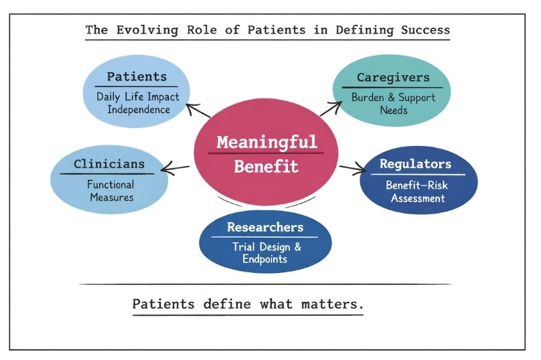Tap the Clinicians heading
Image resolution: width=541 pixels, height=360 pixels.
click(108, 164)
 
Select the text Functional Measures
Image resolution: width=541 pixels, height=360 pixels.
click(109, 191)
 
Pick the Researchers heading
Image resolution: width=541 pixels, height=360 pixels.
click(266, 227)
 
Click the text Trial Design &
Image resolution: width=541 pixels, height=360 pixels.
click(266, 246)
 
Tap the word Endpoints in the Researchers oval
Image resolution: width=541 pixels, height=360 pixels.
click(266, 259)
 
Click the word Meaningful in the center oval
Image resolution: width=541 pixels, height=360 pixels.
click(266, 143)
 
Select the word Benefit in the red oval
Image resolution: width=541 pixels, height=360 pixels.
click(266, 165)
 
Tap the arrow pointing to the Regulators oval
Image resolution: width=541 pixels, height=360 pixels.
click(351, 168)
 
